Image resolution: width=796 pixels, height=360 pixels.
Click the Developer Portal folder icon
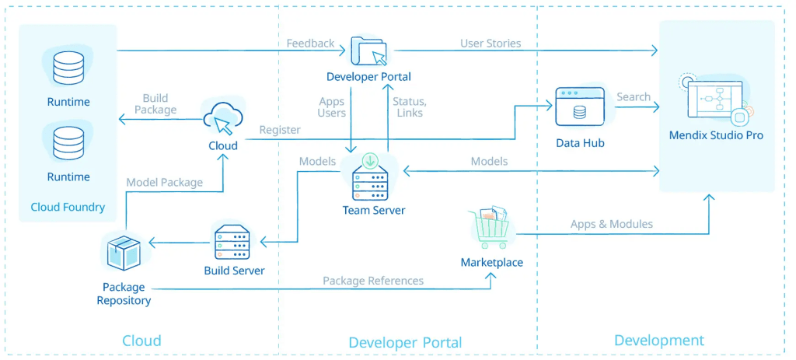[368, 51]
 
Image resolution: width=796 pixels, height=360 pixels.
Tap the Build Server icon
[232, 242]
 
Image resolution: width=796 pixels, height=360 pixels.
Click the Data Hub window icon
[579, 108]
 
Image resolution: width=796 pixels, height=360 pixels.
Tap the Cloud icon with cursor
[222, 118]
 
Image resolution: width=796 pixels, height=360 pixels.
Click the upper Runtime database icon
[68, 68]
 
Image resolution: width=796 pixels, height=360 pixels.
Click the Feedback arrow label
[310, 44]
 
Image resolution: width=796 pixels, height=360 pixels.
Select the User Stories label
[491, 44]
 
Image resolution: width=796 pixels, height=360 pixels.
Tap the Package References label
[373, 281]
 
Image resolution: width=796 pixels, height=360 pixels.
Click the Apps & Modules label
[611, 224]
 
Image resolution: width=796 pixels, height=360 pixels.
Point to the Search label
[633, 97]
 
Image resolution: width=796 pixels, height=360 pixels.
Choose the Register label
[279, 130]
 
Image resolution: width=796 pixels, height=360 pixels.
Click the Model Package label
[164, 182]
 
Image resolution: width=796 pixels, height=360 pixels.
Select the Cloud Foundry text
[68, 207]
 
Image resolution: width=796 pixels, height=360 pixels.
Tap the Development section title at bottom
[658, 340]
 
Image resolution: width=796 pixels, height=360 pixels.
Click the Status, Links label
[409, 107]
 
